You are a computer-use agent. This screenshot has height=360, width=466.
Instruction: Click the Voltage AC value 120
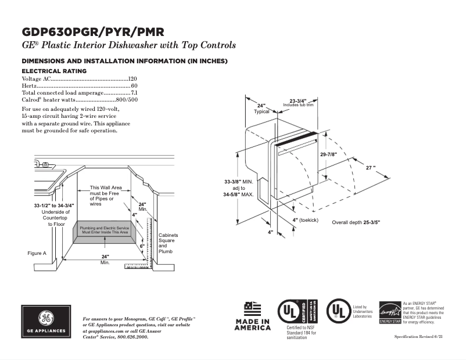132,78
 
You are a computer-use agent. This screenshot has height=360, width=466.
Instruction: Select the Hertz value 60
134,85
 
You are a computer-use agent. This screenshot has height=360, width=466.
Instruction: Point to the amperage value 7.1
134,93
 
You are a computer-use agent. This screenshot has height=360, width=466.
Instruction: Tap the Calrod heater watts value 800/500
127,100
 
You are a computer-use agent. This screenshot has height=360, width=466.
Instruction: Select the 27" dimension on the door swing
370,167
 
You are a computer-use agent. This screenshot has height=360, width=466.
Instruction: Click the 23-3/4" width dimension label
298,100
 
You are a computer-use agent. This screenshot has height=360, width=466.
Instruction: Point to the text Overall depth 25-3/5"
356,222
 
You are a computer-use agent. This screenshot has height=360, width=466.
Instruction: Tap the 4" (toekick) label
305,220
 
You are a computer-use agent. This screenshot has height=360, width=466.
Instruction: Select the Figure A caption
37,253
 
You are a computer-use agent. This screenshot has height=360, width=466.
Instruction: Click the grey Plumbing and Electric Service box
104,231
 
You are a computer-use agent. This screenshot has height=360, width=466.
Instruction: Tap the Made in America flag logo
252,316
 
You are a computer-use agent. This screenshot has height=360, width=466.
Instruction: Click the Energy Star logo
389,312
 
